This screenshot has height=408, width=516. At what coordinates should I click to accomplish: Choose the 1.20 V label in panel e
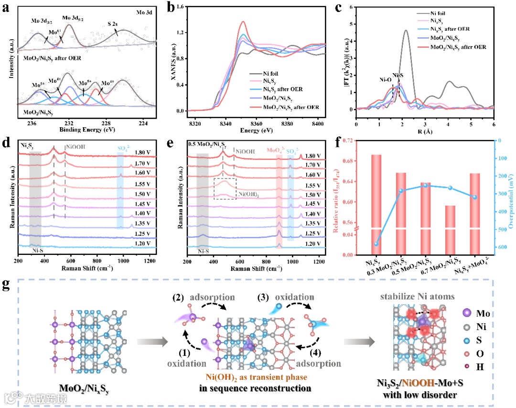(x=313, y=243)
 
